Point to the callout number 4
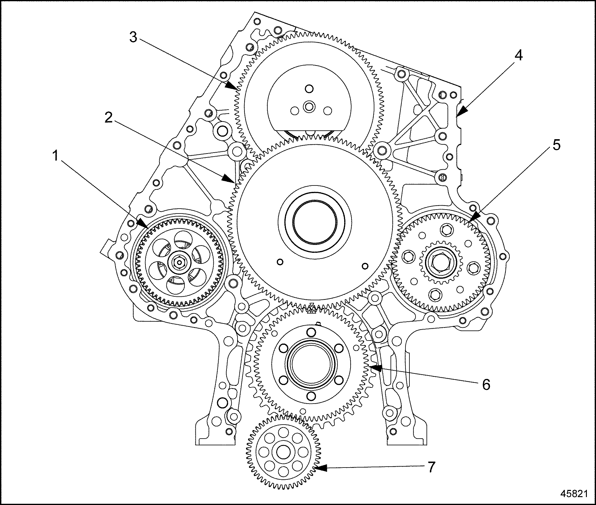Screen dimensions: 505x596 (x=518, y=56)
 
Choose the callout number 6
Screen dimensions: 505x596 (x=486, y=384)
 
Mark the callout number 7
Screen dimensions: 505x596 (x=431, y=467)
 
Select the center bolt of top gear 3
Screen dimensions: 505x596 (x=310, y=107)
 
